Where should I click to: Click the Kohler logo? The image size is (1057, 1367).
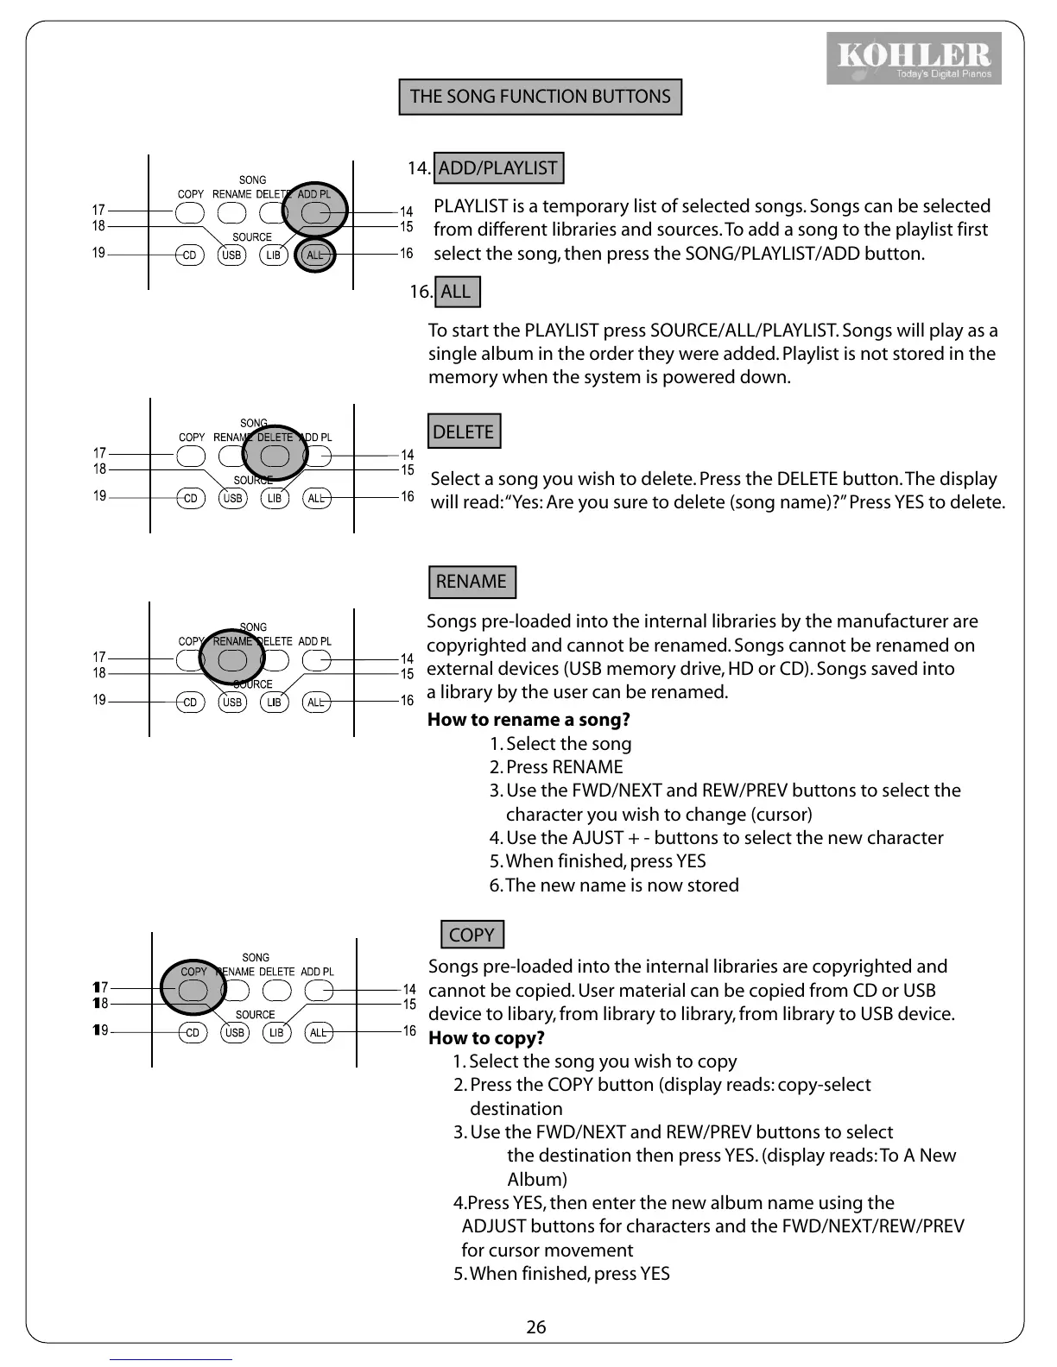tap(914, 58)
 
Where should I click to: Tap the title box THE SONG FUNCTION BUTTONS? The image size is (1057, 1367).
tap(540, 97)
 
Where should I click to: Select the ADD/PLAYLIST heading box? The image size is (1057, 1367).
tap(498, 167)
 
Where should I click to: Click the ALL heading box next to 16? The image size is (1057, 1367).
tap(457, 292)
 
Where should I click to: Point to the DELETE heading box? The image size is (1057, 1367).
tap(464, 432)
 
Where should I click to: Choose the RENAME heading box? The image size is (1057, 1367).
tap(472, 582)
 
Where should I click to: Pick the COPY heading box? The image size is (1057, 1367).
tap(472, 935)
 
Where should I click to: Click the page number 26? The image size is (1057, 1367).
tap(536, 1327)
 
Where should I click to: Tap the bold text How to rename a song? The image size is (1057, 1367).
tap(528, 720)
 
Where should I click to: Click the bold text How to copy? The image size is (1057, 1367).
tap(486, 1037)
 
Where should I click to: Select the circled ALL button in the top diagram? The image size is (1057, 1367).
tap(315, 255)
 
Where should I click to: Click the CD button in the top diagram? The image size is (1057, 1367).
tap(189, 255)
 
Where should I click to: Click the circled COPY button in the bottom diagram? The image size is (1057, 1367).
tap(193, 990)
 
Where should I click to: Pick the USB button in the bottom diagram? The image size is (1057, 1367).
tap(235, 1033)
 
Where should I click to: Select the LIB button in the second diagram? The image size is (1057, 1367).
tap(275, 498)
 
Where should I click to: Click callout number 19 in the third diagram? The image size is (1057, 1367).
tap(99, 700)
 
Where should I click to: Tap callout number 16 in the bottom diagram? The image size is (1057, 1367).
tap(409, 1031)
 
